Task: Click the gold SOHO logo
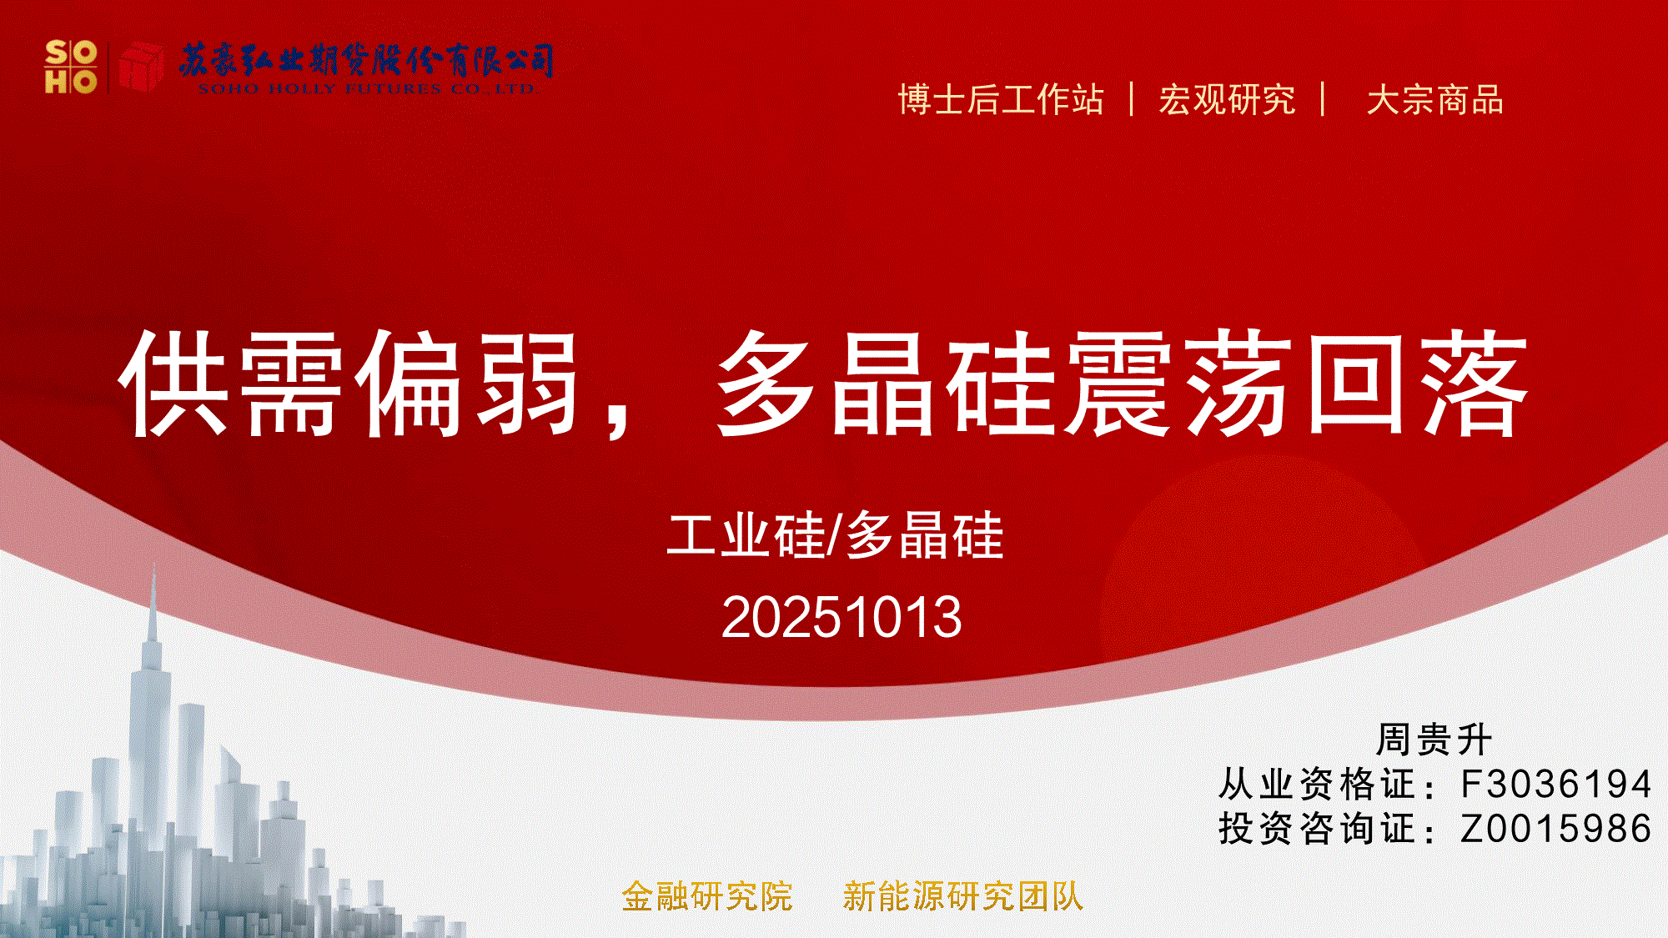(71, 67)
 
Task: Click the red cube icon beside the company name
(141, 66)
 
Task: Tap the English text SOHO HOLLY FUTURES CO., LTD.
(367, 88)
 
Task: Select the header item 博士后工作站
(1001, 100)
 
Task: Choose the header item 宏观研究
(1227, 100)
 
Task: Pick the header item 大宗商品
(1434, 100)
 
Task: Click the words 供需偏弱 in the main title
(350, 384)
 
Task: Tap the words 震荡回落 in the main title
(1298, 384)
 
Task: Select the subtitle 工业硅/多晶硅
(835, 535)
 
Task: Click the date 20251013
(842, 617)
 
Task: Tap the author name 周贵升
(1434, 740)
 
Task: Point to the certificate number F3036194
(1556, 785)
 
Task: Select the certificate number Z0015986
(1556, 829)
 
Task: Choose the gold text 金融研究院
(707, 897)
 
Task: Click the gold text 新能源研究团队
(963, 897)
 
